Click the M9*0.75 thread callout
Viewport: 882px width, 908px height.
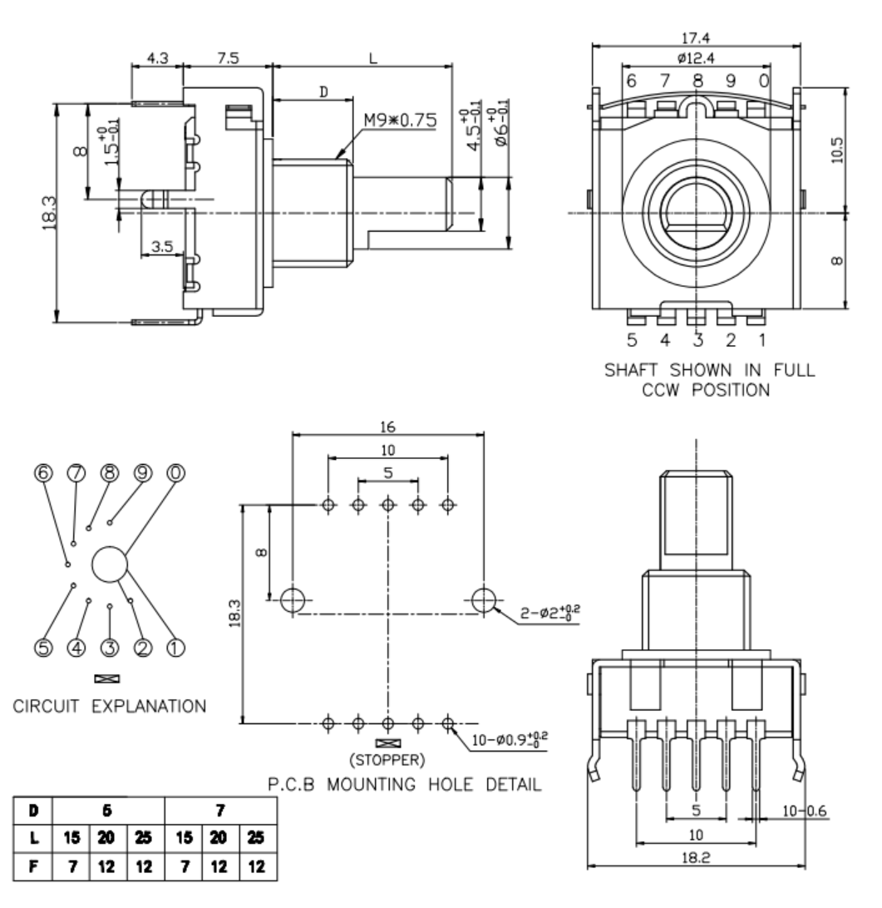[400, 120]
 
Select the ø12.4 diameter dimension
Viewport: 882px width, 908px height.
[697, 58]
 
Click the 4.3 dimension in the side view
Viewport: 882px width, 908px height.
[157, 59]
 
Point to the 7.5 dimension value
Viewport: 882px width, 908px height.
[227, 59]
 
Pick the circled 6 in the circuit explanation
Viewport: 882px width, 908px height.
[45, 473]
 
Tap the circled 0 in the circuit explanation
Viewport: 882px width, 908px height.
[176, 473]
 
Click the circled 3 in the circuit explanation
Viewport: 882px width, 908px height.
[110, 646]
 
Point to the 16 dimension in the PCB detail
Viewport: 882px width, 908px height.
[388, 426]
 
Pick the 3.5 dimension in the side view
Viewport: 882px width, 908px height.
[164, 246]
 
